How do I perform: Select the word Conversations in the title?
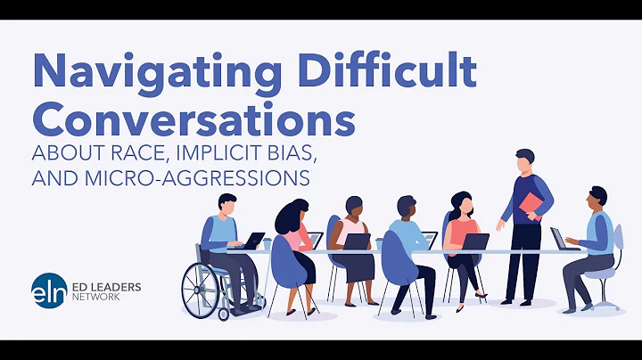pyautogui.click(x=193, y=119)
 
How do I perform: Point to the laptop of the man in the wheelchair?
pyautogui.click(x=255, y=241)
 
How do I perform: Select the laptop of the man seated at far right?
pyautogui.click(x=559, y=239)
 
